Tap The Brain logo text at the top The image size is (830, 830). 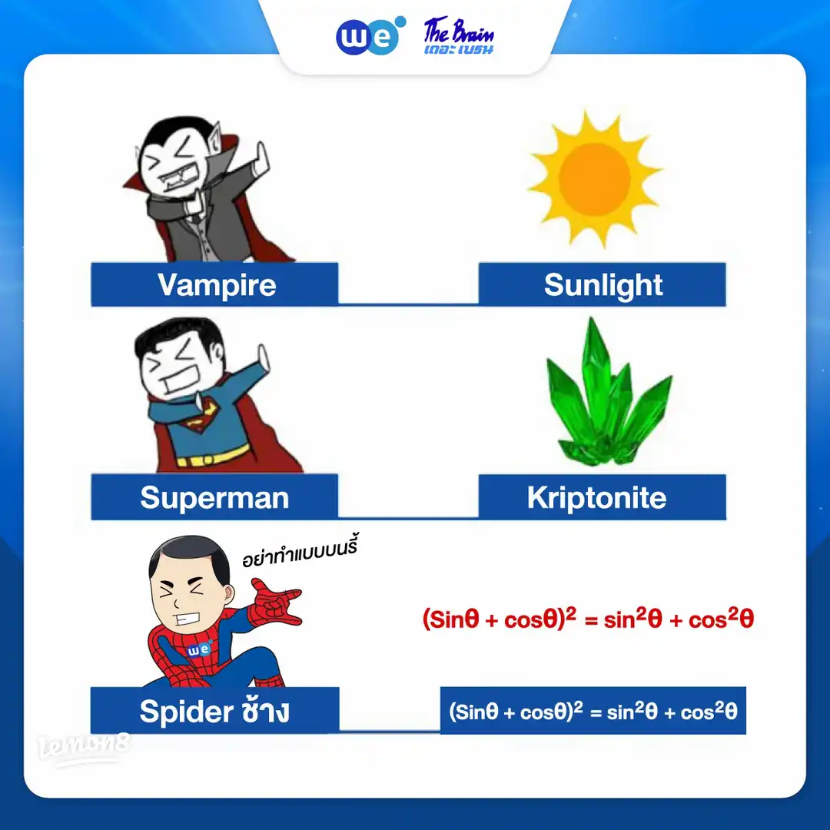coord(458,36)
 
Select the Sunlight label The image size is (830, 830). coord(603,285)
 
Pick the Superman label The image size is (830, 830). coord(215,497)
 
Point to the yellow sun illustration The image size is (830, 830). coord(595,179)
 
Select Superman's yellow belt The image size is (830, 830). coord(213,456)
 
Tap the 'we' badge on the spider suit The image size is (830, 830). coord(199,649)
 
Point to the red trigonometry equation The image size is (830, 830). coord(588,618)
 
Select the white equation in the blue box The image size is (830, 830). coord(593,711)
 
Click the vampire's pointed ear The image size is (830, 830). coord(214,138)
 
